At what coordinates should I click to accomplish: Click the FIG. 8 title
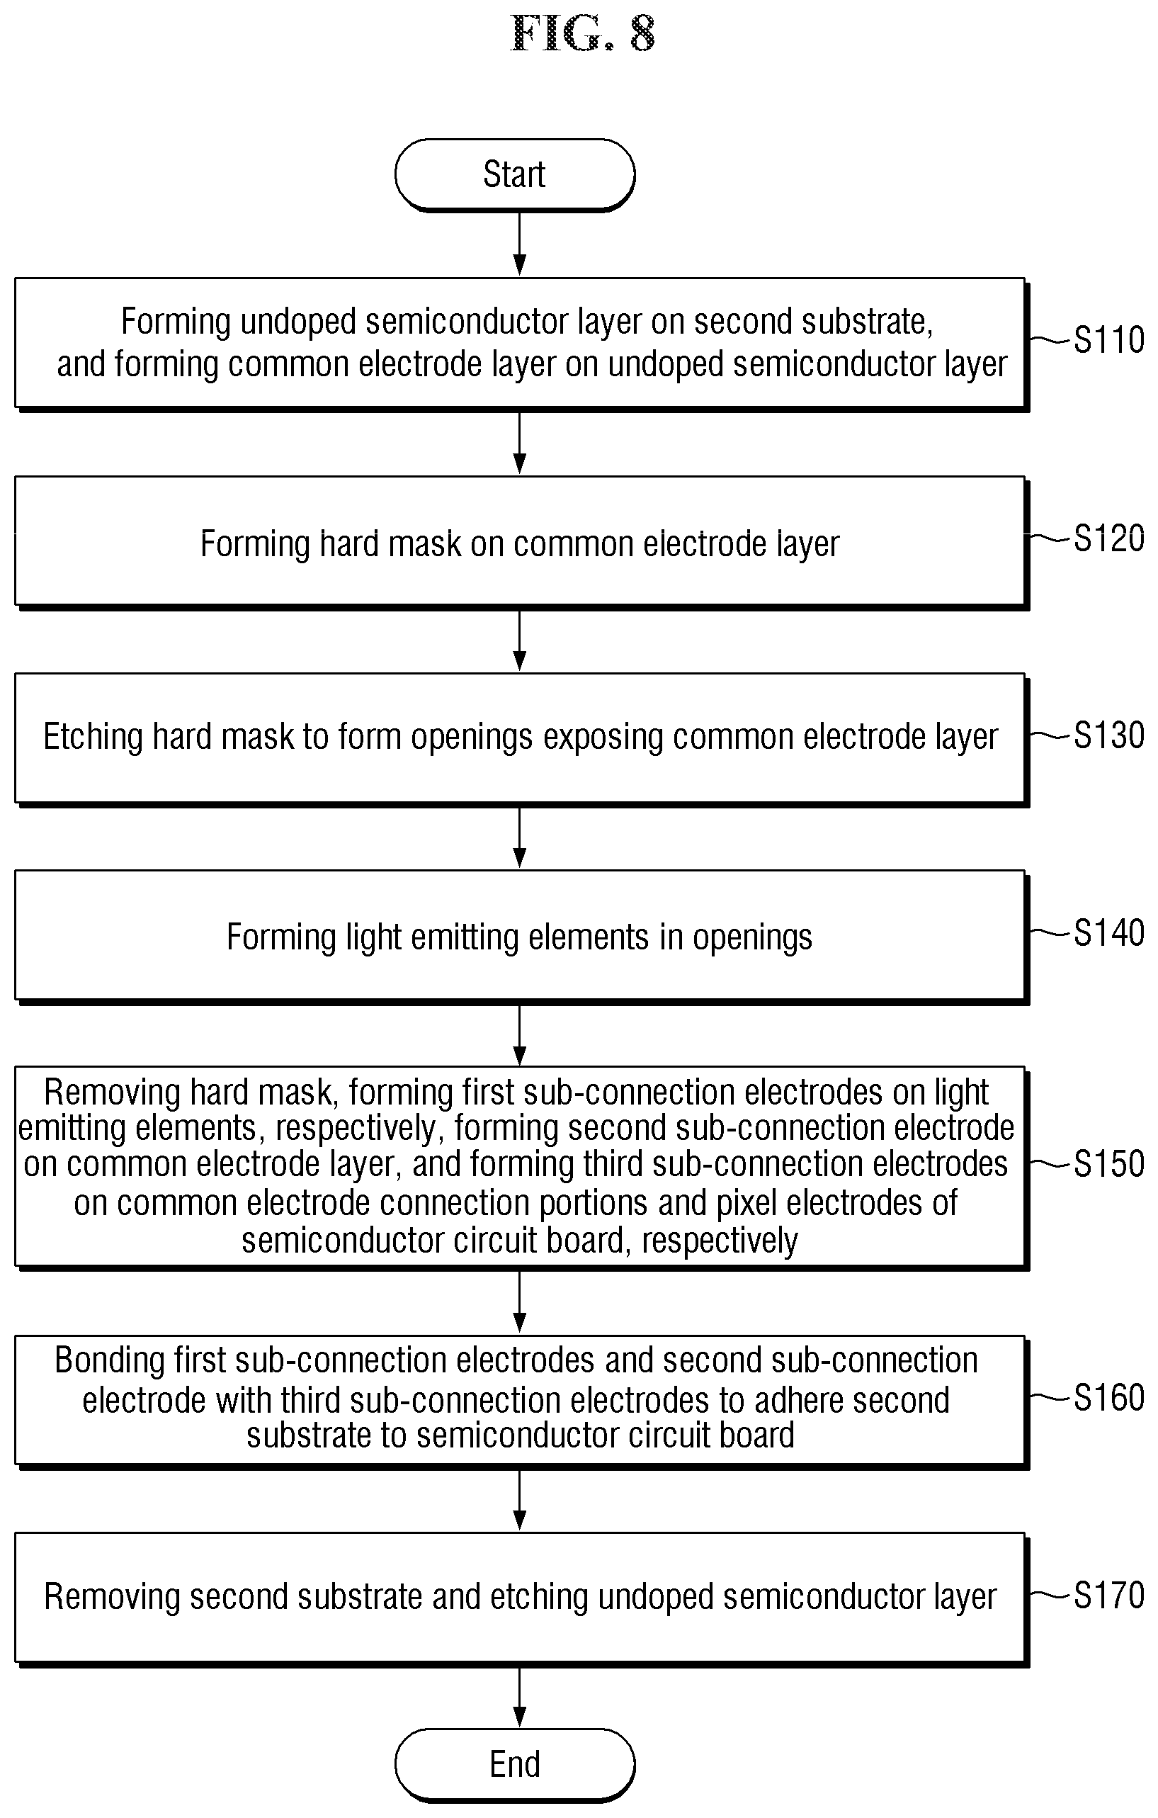pyautogui.click(x=582, y=34)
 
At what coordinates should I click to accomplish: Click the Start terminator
pyautogui.click(x=515, y=174)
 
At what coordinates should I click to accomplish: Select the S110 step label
pyautogui.click(x=1109, y=340)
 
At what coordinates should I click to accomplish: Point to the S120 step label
pyautogui.click(x=1109, y=538)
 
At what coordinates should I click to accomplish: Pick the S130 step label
pyautogui.click(x=1109, y=735)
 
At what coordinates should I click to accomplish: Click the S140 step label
pyautogui.click(x=1109, y=933)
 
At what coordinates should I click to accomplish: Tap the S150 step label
pyautogui.click(x=1109, y=1163)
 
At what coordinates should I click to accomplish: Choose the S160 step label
pyautogui.click(x=1109, y=1397)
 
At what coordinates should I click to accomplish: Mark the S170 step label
pyautogui.click(x=1109, y=1596)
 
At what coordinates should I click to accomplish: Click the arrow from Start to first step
pyautogui.click(x=519, y=243)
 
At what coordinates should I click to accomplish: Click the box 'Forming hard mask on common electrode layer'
pyautogui.click(x=521, y=542)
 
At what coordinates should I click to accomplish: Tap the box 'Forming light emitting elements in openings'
pyautogui.click(x=521, y=936)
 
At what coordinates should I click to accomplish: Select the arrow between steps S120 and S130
pyautogui.click(x=519, y=640)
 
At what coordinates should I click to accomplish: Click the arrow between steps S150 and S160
pyautogui.click(x=519, y=1301)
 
